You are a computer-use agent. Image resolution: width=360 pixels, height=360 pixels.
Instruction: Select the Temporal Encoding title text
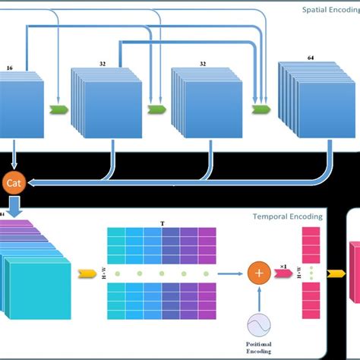tap(287, 216)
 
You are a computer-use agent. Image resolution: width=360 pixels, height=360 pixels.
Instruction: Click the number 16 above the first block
tap(10, 68)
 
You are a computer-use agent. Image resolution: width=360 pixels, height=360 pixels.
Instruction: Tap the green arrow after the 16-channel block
tap(58, 108)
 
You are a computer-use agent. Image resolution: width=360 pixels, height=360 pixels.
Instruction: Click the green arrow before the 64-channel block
tap(259, 108)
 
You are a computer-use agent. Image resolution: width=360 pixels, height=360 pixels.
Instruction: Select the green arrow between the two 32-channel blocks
tap(156, 108)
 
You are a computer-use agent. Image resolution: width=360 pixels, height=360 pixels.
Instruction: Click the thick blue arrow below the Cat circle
tap(14, 204)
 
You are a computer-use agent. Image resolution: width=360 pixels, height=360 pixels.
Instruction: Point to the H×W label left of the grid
tap(104, 273)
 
